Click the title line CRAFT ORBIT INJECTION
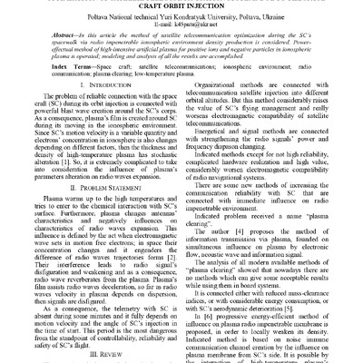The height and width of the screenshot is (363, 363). tap(181, 6)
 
